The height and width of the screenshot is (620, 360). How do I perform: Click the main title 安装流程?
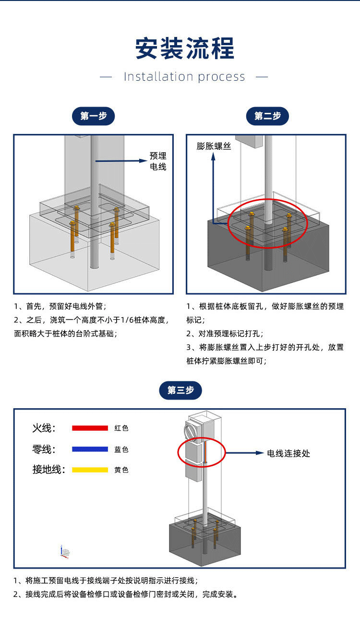tap(184, 49)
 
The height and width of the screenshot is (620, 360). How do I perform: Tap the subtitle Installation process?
tap(184, 77)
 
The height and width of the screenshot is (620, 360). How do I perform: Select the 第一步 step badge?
tap(93, 116)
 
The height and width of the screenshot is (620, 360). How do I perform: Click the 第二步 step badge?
tap(267, 116)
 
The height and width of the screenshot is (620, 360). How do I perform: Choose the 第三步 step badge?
tap(180, 390)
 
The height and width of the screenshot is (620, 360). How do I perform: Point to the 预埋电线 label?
tap(158, 161)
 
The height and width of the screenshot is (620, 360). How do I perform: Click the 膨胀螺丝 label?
tap(214, 146)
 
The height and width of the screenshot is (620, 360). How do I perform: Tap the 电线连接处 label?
tap(288, 453)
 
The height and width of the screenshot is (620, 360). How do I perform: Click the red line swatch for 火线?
tap(90, 428)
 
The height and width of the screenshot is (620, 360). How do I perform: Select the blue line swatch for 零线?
tap(90, 449)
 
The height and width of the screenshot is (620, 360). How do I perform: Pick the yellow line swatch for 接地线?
tap(90, 470)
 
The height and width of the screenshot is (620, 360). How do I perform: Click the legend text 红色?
tap(121, 428)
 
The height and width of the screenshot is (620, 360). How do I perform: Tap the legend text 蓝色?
tap(121, 450)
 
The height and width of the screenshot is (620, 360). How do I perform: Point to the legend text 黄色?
tap(121, 470)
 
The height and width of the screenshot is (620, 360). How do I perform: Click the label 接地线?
tap(48, 470)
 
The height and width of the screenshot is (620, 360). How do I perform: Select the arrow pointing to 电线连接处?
tap(245, 452)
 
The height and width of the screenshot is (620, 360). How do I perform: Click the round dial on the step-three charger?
tap(191, 430)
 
